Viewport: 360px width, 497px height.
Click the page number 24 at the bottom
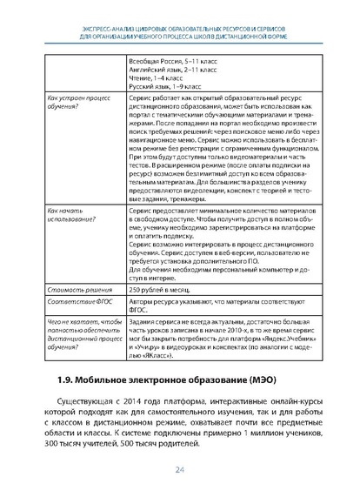click(179, 471)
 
